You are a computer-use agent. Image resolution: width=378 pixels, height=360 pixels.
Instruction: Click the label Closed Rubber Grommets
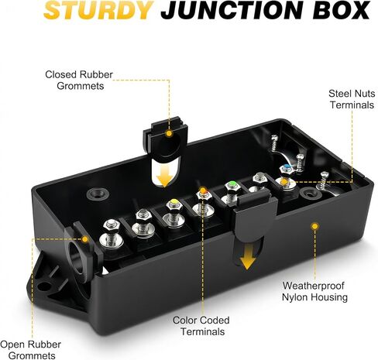pyautogui.click(x=79, y=80)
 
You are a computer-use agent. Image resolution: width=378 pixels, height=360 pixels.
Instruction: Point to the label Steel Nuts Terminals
pyautogui.click(x=352, y=99)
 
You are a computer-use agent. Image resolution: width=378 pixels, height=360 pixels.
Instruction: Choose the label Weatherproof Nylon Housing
pyautogui.click(x=314, y=291)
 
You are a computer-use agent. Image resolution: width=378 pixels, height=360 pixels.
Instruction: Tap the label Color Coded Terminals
pyautogui.click(x=201, y=326)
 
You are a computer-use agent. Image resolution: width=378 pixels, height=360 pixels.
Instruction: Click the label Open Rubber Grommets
pyautogui.click(x=30, y=350)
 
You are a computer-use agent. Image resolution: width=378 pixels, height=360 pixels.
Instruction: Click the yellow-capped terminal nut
pyautogui.click(x=174, y=204)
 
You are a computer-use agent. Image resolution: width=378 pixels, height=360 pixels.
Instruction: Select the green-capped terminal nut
pyautogui.click(x=232, y=187)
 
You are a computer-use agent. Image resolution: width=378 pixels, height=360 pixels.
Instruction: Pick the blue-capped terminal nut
pyautogui.click(x=287, y=168)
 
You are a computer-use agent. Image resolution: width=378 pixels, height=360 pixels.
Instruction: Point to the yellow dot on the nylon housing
pyautogui.click(x=314, y=227)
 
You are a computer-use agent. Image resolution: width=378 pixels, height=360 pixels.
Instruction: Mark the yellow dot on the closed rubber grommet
pyautogui.click(x=169, y=133)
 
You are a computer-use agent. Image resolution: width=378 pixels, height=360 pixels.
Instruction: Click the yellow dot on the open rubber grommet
pyautogui.click(x=85, y=239)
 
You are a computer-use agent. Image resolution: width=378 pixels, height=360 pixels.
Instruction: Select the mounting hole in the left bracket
pyautogui.click(x=43, y=286)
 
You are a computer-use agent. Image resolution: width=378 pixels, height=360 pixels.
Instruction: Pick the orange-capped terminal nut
pyautogui.click(x=204, y=193)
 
